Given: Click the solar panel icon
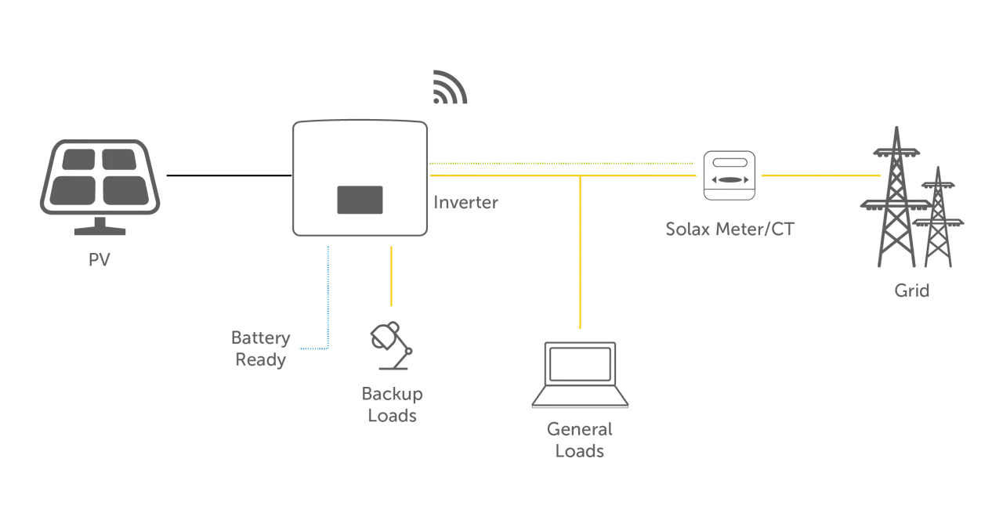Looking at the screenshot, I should [x=100, y=179].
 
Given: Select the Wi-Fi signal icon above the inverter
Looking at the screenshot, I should [x=451, y=88].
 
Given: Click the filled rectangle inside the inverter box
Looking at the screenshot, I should [x=360, y=200].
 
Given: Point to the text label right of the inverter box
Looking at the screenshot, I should [x=467, y=203].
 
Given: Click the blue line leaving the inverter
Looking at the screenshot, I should [x=328, y=298].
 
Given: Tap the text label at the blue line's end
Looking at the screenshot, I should [x=262, y=349].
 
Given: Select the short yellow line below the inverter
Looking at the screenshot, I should [x=391, y=275].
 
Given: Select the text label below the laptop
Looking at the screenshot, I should [x=580, y=440].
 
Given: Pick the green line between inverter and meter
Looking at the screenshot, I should [x=564, y=163].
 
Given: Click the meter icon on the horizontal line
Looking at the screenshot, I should [x=730, y=172].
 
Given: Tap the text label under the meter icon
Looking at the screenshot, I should [x=730, y=229].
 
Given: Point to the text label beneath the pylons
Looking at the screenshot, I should [x=912, y=293].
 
